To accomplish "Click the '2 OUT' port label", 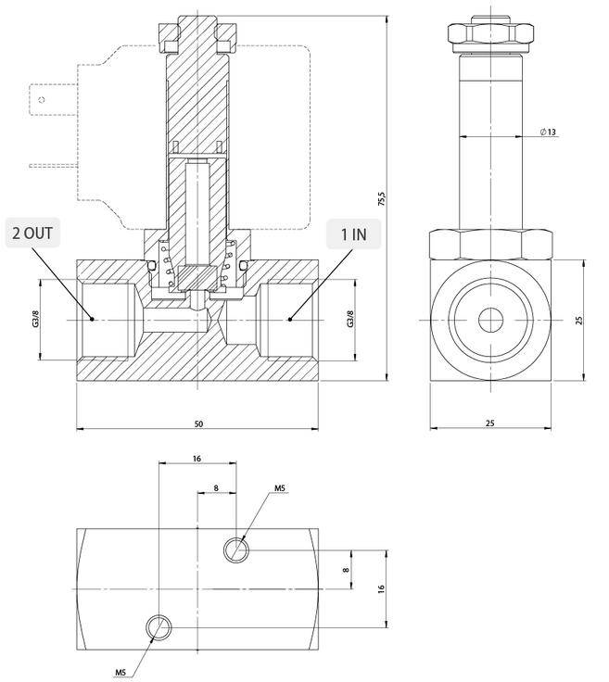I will coord(32,232).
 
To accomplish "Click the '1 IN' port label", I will coord(353,234).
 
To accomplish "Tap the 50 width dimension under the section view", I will coord(198,423).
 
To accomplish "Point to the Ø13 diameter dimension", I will coord(549,133).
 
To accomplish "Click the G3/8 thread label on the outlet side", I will coord(36,319).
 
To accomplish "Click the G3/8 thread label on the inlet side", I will coord(350,319).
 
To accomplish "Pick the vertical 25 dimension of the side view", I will coord(578,320).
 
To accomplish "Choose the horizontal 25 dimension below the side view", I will coord(490,423).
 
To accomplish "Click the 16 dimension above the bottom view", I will coord(197,459).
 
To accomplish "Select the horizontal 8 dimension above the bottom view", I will coord(217,487).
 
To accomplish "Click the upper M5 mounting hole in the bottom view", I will coord(236,551).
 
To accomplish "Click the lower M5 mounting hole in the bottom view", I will coord(159,628).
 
